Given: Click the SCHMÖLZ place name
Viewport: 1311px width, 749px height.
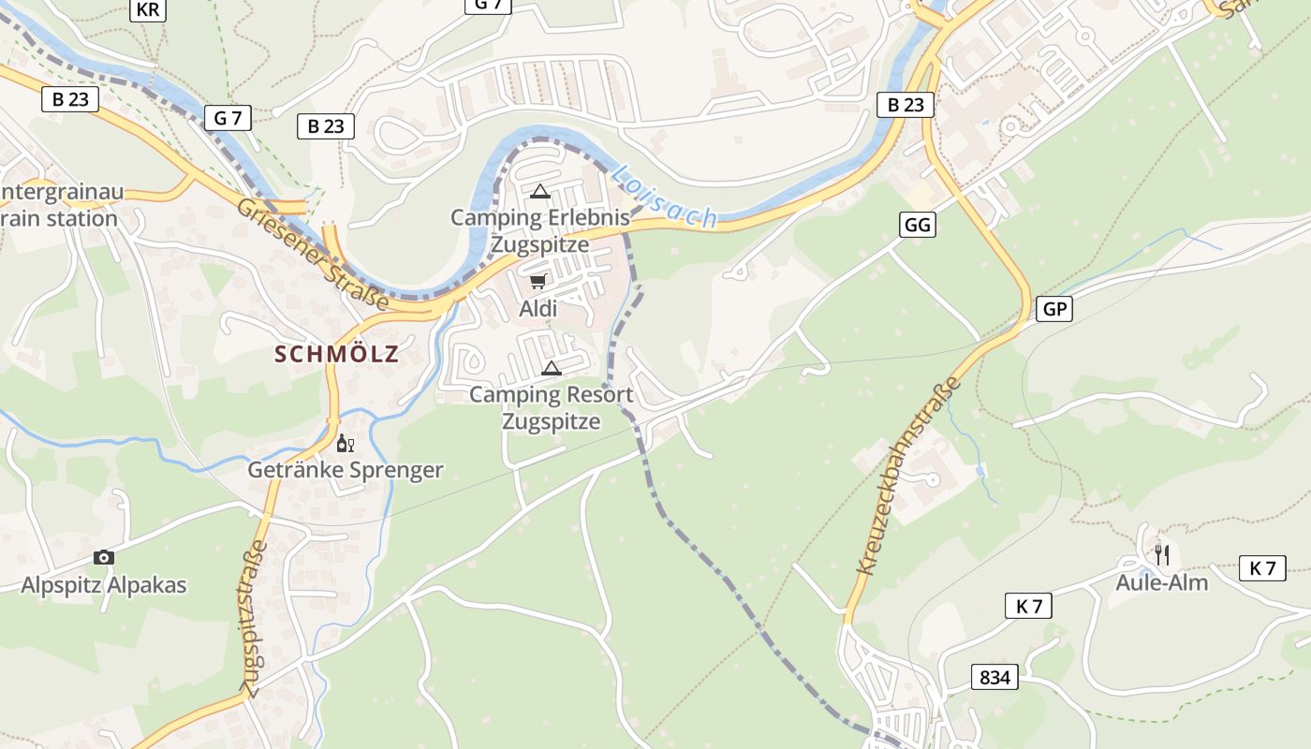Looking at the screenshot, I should click(x=337, y=354).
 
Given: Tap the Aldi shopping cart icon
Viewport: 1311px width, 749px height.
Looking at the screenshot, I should click(x=538, y=281).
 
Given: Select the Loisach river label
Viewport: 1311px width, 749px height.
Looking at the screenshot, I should click(x=664, y=198).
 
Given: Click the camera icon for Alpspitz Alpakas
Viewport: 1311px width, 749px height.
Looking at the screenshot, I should click(x=104, y=558).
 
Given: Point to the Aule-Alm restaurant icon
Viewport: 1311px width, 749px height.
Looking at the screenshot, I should click(x=1161, y=554).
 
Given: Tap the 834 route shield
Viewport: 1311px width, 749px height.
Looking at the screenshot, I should click(x=994, y=676).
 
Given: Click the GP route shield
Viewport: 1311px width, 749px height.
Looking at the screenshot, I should click(x=1054, y=309).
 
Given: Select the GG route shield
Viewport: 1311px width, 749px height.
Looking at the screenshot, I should click(x=918, y=225).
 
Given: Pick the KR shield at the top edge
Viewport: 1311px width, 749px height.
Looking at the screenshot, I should click(x=147, y=9).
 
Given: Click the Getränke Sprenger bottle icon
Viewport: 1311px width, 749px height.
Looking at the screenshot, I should click(x=345, y=443).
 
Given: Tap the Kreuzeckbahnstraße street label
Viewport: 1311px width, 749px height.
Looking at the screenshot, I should click(x=908, y=476).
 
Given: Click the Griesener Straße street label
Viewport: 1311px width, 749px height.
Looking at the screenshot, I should click(x=313, y=254).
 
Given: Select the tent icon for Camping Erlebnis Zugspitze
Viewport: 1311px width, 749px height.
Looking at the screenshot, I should click(x=539, y=192).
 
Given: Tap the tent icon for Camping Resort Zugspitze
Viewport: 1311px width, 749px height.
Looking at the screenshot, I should click(x=552, y=368).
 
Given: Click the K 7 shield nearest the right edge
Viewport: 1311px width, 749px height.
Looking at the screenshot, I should click(x=1262, y=567).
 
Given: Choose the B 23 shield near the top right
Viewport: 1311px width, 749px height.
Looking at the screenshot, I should click(x=906, y=105).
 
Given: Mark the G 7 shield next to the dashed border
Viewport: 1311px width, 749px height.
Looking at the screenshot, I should click(x=228, y=118).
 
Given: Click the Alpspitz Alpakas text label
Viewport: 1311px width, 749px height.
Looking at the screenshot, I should click(x=104, y=585).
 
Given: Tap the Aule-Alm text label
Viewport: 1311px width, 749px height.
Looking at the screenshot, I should click(x=1161, y=582).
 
